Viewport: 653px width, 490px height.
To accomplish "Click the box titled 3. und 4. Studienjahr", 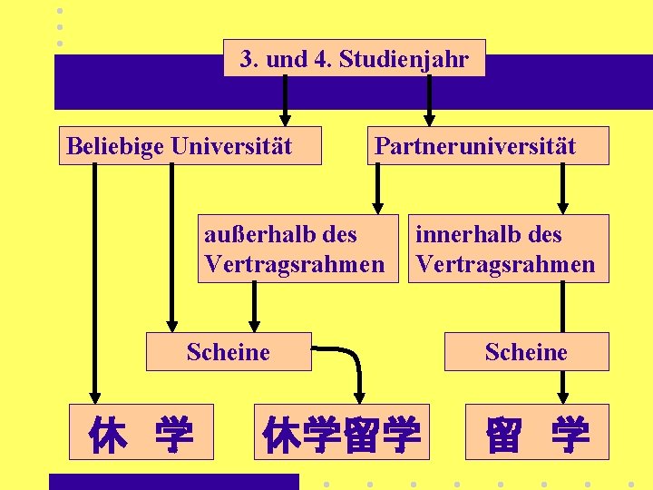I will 354,59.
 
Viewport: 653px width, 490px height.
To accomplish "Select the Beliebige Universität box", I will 190,145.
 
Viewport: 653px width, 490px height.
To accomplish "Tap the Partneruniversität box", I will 488,145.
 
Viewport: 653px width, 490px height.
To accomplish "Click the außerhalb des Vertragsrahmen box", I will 297,249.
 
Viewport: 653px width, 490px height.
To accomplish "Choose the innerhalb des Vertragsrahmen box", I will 508,249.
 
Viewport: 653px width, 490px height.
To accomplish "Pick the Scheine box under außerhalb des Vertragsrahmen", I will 229,351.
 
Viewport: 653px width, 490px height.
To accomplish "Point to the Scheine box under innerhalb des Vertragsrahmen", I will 526,351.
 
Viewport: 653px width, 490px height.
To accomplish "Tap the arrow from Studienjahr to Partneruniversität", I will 430,100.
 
